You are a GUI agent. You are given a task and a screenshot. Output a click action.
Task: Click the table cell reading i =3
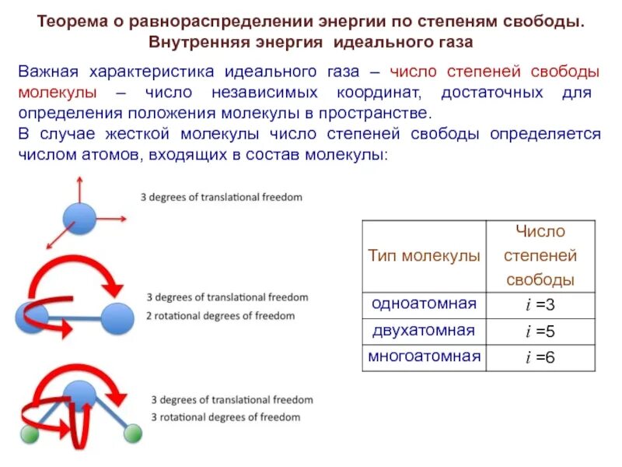[540, 304]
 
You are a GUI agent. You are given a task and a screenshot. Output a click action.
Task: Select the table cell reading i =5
[540, 331]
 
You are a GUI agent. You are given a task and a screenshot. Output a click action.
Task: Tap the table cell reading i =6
[540, 357]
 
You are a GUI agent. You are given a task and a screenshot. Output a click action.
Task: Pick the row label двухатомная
[424, 330]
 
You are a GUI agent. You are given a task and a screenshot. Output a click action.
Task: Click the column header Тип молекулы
[424, 256]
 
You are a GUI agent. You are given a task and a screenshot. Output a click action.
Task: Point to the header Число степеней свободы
[540, 255]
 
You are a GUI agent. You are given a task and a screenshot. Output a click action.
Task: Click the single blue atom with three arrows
[79, 218]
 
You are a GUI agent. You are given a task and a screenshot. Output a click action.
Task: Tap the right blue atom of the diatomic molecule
[118, 318]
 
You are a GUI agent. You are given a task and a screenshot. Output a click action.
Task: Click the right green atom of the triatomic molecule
[133, 434]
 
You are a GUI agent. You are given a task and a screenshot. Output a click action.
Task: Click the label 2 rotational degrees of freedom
[221, 315]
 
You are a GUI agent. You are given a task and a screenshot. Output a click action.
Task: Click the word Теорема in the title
[72, 21]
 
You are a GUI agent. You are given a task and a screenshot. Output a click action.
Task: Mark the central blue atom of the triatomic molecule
[78, 396]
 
